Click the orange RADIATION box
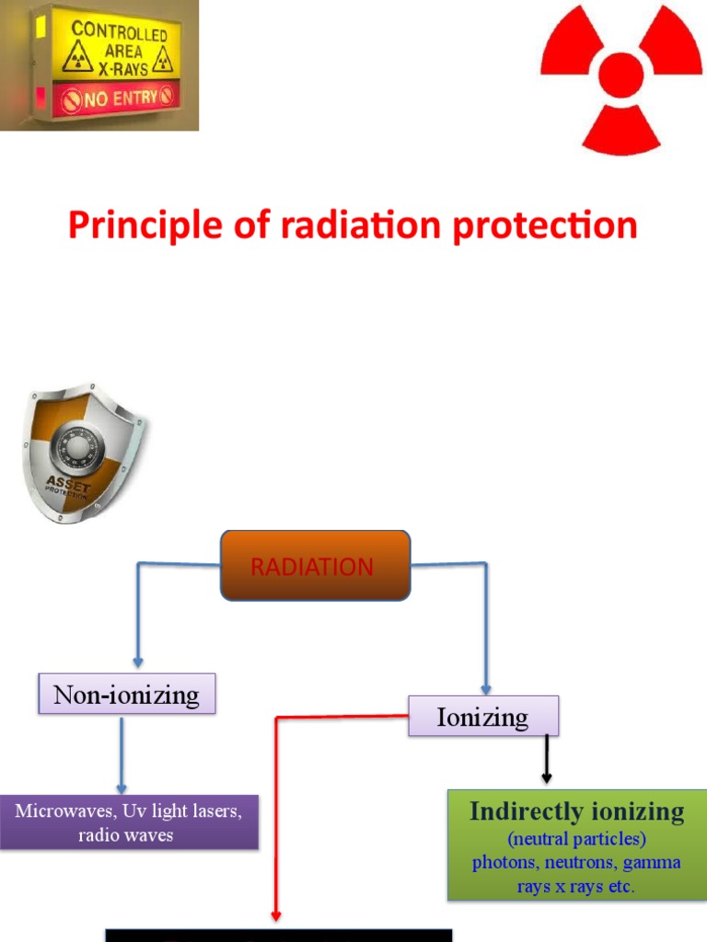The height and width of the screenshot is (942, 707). coord(315,566)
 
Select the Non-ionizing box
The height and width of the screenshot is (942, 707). coord(126,694)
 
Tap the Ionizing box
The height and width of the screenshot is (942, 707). coord(482,717)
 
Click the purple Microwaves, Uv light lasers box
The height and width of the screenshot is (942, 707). coord(128,822)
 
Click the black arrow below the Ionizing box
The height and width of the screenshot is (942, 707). coord(547,760)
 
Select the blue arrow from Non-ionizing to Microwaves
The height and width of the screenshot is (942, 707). coord(121,754)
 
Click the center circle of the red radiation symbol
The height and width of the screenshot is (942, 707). coord(621,75)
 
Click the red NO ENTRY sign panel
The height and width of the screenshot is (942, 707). coord(115,97)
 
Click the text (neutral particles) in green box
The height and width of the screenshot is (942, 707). coord(576,839)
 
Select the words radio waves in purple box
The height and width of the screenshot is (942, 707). coord(126,835)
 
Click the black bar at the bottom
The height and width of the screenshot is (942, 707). coord(278,935)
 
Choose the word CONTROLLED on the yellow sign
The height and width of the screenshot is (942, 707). coord(120,31)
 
